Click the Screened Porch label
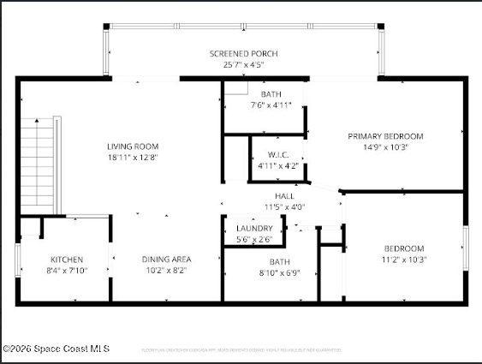pos(243,54)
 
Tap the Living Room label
pos(133,146)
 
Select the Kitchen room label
pos(67,260)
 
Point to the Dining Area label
pos(166,260)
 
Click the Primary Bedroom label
pos(385,136)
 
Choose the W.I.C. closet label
pos(278,155)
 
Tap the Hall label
pos(285,196)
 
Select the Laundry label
pos(254,229)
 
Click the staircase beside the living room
pos(37,163)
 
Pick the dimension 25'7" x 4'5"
pos(243,64)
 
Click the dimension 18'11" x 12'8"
pos(133,157)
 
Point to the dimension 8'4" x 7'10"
pos(67,270)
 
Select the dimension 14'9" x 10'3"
pos(385,146)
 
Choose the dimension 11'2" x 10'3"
pos(403,260)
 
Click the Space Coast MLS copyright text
pos(57,349)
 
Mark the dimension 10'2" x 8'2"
pos(166,270)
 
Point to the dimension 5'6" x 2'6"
pos(254,239)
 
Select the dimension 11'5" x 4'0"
pos(285,206)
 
